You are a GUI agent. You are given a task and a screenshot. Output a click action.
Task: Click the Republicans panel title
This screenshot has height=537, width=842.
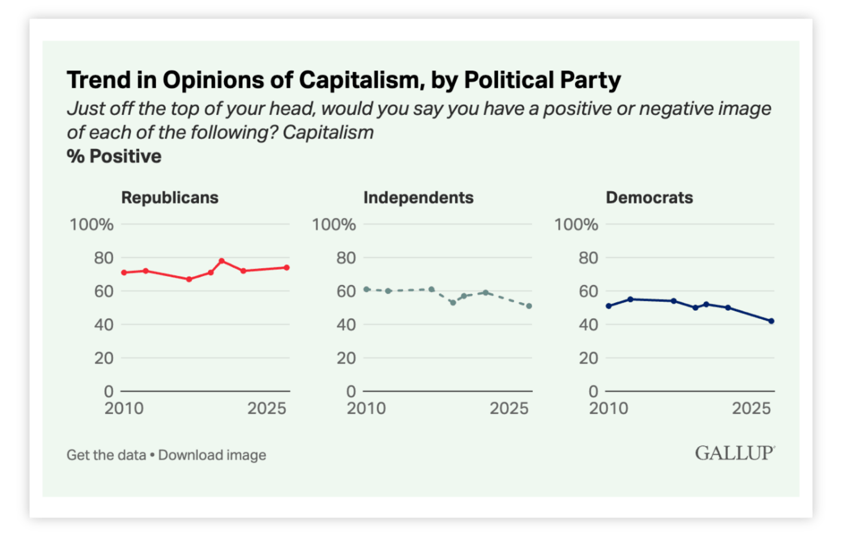click(x=170, y=198)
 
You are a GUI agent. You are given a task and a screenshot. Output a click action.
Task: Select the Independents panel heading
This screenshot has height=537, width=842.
click(x=418, y=198)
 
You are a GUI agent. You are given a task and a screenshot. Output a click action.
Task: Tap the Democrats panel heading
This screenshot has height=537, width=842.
click(x=649, y=198)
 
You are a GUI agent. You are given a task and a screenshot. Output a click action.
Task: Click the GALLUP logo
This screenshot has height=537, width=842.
click(x=734, y=453)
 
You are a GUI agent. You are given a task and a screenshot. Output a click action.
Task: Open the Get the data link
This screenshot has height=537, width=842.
click(x=106, y=455)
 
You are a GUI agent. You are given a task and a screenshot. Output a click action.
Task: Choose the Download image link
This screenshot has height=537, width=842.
click(x=212, y=455)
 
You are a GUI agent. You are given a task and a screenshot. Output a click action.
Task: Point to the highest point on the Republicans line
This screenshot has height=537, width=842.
click(x=222, y=261)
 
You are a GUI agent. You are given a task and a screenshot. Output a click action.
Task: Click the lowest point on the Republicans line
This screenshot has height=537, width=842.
click(x=189, y=279)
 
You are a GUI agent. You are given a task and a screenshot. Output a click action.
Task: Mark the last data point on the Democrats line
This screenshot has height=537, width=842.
click(x=771, y=321)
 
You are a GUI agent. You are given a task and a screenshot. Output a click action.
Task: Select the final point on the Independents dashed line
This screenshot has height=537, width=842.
click(x=529, y=306)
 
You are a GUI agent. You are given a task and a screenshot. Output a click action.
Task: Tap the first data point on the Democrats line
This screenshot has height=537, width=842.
click(x=609, y=306)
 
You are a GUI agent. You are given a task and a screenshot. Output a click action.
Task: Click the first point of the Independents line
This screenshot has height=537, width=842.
click(x=367, y=289)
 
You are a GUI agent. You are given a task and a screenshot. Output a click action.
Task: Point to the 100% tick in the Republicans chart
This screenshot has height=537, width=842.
click(x=92, y=225)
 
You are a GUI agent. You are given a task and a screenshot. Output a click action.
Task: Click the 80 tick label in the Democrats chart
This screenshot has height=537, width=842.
click(x=588, y=258)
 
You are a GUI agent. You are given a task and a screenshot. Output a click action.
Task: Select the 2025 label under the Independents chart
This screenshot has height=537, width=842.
click(x=509, y=408)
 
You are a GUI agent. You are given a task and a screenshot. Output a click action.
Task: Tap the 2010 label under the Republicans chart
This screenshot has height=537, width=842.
click(x=124, y=408)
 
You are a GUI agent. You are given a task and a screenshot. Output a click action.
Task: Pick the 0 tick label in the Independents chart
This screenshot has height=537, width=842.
click(x=351, y=391)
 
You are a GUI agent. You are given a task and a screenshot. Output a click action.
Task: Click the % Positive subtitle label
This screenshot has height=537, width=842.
click(x=114, y=156)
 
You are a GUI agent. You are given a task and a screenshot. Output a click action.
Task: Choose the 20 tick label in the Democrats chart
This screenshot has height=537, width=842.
click(x=588, y=358)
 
